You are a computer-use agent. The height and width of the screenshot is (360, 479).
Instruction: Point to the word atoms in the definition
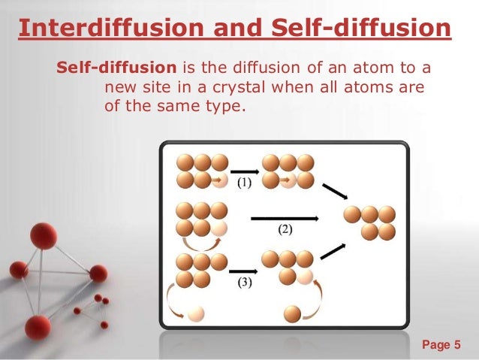(x=381, y=89)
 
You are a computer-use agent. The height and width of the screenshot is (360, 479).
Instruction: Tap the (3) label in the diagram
(x=244, y=283)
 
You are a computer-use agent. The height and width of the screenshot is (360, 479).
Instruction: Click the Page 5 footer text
(x=441, y=345)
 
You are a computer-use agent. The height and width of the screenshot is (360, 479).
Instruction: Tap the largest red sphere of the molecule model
(x=44, y=236)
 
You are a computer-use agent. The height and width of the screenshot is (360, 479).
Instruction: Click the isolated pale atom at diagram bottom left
(x=197, y=313)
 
